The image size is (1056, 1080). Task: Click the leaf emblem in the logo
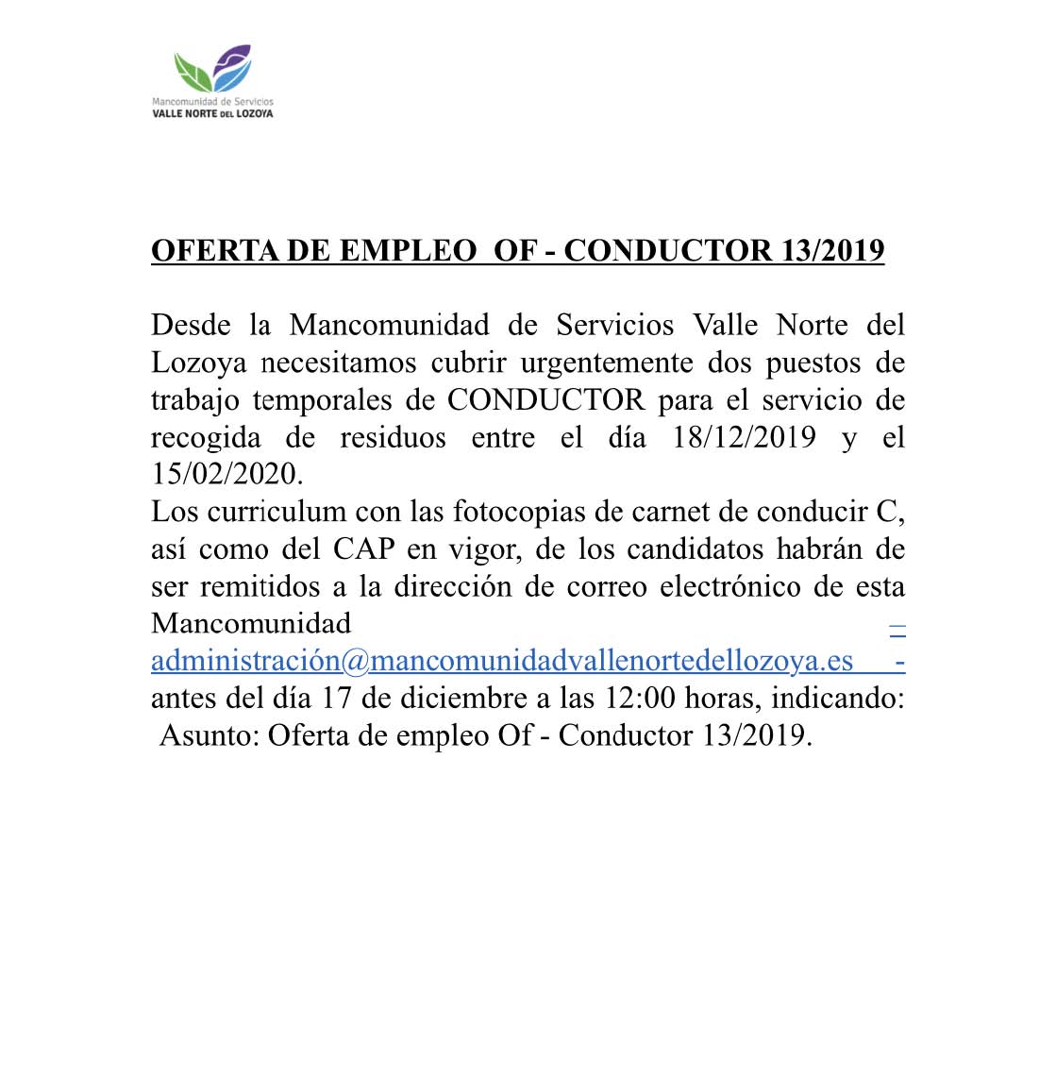pos(213,68)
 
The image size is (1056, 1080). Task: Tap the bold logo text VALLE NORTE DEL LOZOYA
pos(212,113)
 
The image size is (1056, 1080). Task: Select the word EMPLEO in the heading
pos(408,250)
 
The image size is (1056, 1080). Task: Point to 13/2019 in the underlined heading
pos(833,250)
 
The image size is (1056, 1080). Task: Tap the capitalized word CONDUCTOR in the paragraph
pos(546,400)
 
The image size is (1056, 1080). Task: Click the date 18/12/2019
pos(745,437)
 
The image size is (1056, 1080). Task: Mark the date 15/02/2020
pos(227,474)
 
